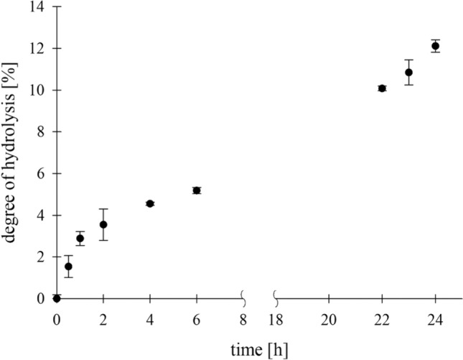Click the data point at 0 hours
57,298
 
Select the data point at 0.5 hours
68,266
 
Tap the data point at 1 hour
80,239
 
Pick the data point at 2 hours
103,224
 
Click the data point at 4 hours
150,203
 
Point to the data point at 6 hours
197,190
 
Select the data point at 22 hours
382,88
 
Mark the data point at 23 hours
408,72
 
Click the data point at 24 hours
435,46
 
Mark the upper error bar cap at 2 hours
103,208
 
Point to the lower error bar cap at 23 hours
408,85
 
